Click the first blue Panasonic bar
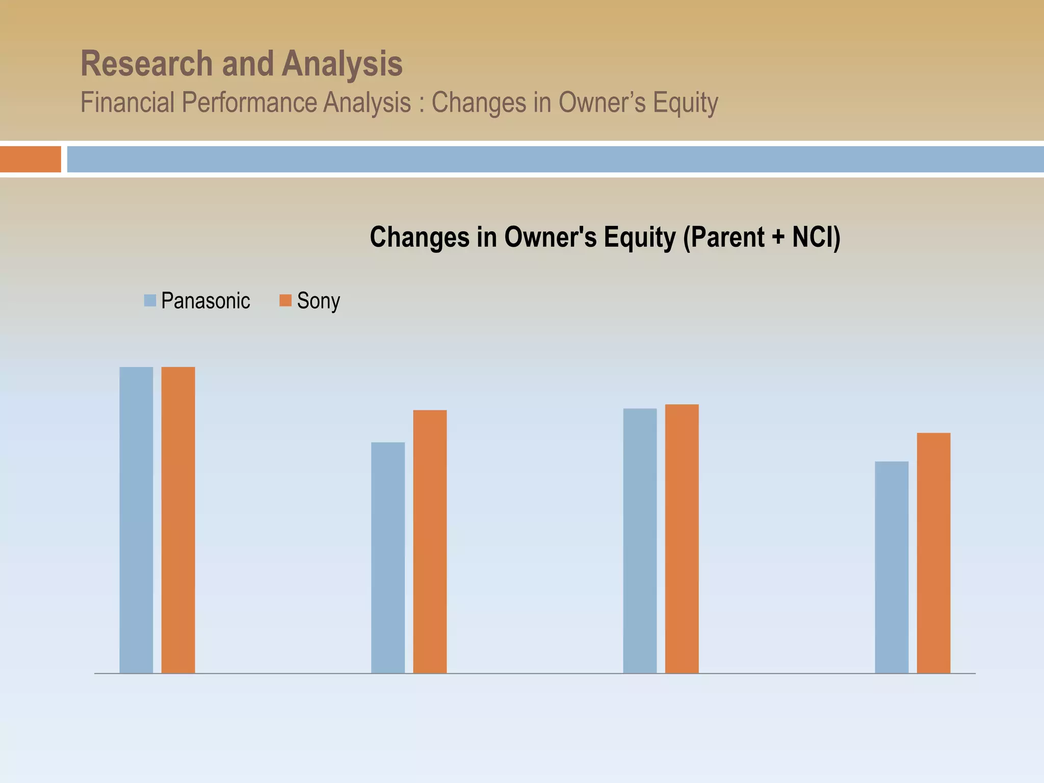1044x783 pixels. pyautogui.click(x=136, y=520)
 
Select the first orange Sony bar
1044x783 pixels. pyautogui.click(x=178, y=520)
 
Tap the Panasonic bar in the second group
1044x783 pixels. pyautogui.click(x=388, y=558)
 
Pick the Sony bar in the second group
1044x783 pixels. pyautogui.click(x=430, y=541)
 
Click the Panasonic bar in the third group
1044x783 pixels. pyautogui.click(x=640, y=540)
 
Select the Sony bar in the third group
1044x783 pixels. pyautogui.click(x=682, y=538)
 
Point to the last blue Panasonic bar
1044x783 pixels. pyautogui.click(x=892, y=567)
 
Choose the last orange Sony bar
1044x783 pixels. pyautogui.click(x=933, y=553)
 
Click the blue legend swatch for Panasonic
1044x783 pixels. pyautogui.click(x=150, y=300)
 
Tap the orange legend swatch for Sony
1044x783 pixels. pyautogui.click(x=285, y=300)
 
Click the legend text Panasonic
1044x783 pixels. pyautogui.click(x=205, y=301)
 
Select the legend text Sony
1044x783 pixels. pyautogui.click(x=318, y=301)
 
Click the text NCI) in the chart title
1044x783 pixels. pyautogui.click(x=816, y=237)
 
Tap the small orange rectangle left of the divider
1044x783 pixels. pyautogui.click(x=30, y=159)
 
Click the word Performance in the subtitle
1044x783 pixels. pyautogui.click(x=250, y=102)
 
